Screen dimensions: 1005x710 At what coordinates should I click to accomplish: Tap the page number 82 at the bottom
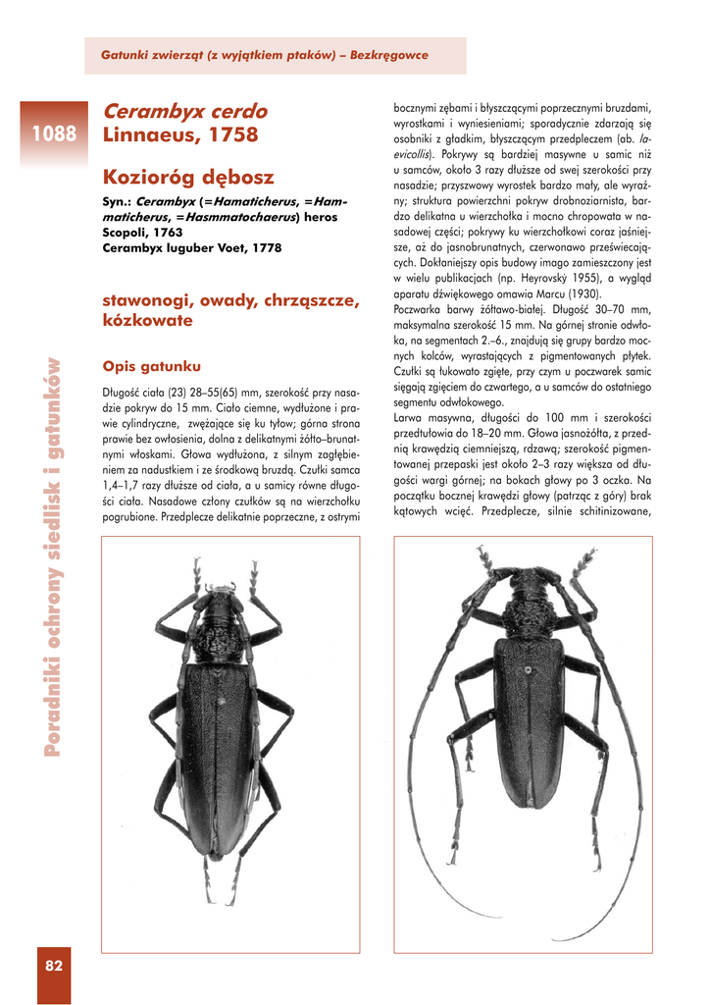click(x=54, y=966)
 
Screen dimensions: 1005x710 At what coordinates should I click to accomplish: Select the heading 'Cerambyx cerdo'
click(x=184, y=111)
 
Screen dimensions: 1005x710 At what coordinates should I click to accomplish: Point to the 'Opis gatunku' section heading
click(x=152, y=366)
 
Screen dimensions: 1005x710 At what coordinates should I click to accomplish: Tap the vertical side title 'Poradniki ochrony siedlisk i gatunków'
click(x=53, y=554)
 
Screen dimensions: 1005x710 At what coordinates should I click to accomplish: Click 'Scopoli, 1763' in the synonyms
click(x=142, y=233)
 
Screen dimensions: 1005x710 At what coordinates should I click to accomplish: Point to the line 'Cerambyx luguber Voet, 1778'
click(x=191, y=248)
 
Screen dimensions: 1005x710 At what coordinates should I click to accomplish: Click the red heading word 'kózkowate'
click(x=147, y=320)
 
